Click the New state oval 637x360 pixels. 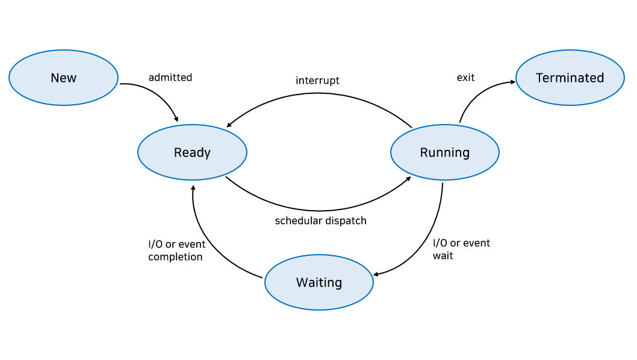point(63,78)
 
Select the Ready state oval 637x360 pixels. point(192,152)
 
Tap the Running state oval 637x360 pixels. point(444,152)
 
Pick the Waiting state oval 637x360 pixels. point(318,282)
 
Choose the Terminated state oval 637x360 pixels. point(570,78)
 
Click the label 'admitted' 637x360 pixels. point(170,77)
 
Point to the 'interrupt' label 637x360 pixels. point(317,80)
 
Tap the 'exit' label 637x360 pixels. point(465,77)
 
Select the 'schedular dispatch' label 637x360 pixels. point(320,220)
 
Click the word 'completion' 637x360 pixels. point(175,256)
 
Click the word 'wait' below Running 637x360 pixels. point(443,256)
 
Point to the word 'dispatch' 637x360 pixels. point(345,220)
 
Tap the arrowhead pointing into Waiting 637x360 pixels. point(377,275)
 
